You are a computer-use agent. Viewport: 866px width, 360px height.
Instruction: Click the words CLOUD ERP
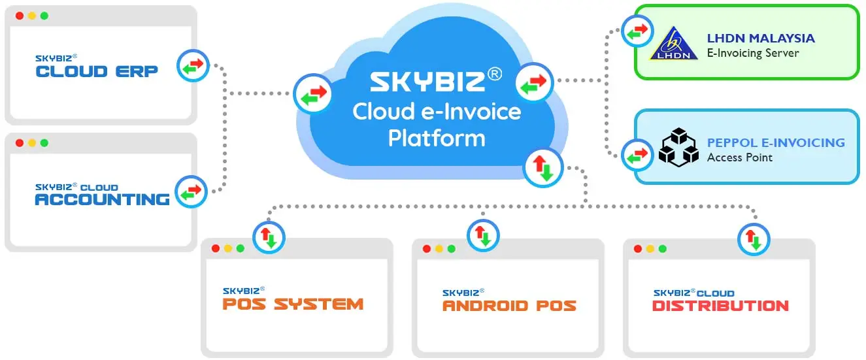click(x=97, y=71)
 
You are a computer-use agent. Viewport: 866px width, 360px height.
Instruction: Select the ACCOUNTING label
click(x=102, y=199)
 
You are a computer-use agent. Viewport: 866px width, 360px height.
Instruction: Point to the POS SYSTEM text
click(x=293, y=304)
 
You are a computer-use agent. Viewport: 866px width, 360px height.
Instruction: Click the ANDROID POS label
click(x=509, y=305)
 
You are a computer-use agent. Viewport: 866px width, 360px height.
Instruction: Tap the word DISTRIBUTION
click(x=720, y=305)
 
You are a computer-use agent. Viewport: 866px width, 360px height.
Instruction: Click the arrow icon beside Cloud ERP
click(x=193, y=65)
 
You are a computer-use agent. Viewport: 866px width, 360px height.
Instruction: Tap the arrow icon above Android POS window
click(x=483, y=235)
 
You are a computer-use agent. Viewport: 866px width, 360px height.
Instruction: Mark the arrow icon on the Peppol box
click(x=637, y=155)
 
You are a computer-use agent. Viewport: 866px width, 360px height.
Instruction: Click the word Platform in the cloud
click(x=437, y=138)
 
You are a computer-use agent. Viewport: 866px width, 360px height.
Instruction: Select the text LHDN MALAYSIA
click(x=761, y=38)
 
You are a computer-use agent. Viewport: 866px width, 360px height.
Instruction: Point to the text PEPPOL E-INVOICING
click(x=776, y=142)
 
